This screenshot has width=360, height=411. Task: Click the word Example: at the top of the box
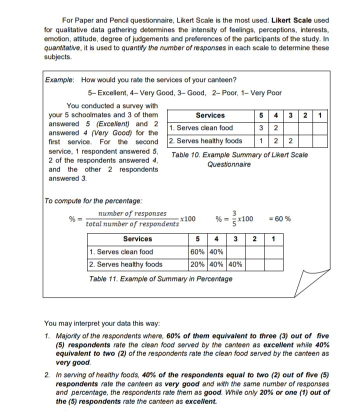pos(60,80)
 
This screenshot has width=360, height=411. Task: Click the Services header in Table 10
pos(210,115)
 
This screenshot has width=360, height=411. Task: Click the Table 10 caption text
pos(239,159)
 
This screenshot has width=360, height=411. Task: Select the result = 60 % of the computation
pos(280,219)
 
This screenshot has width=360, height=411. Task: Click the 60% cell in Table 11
pos(198,252)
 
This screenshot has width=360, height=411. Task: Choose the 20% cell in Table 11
pos(198,264)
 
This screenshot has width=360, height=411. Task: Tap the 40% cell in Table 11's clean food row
pos(218,252)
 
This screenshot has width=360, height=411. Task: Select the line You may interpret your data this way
pos(105,323)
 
